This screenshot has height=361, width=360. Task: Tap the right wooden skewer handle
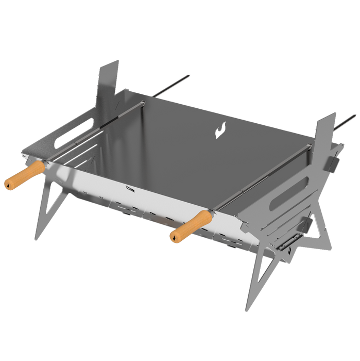pos(190,226)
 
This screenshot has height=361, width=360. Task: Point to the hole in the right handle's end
pos(174,237)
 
